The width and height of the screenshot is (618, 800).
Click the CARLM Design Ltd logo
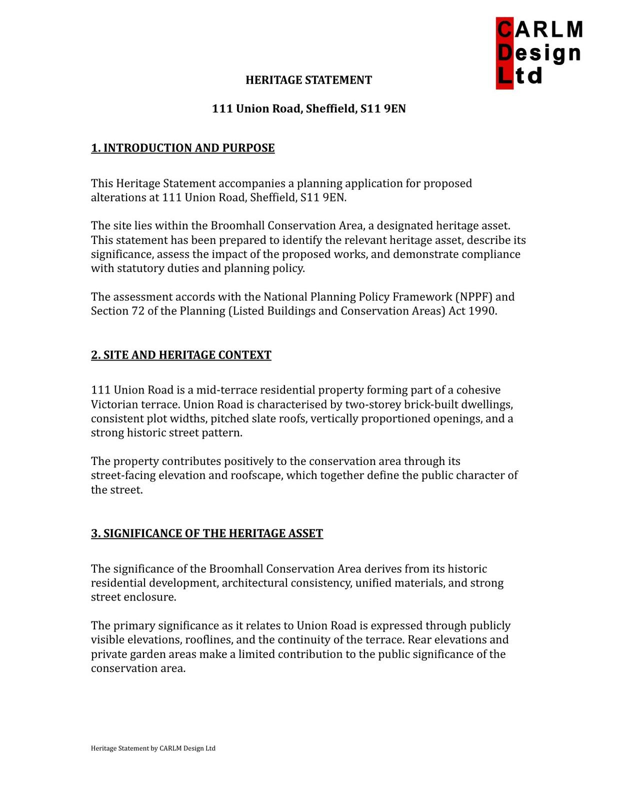(539, 53)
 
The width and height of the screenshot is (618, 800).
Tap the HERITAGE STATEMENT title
(308, 80)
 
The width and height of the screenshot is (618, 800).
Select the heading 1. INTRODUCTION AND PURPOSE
(182, 148)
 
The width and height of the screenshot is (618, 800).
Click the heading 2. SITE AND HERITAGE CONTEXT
(181, 355)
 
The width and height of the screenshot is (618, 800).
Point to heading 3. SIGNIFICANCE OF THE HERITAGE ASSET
(207, 533)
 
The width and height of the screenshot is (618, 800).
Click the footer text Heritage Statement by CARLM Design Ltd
(153, 748)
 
